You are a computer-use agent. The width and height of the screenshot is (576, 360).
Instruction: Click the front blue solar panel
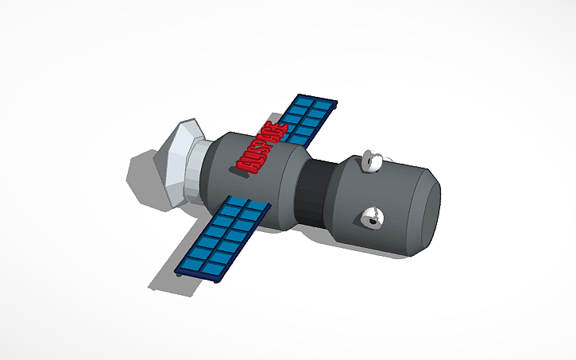(226, 235)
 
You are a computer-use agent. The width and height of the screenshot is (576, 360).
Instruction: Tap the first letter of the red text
(245, 165)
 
